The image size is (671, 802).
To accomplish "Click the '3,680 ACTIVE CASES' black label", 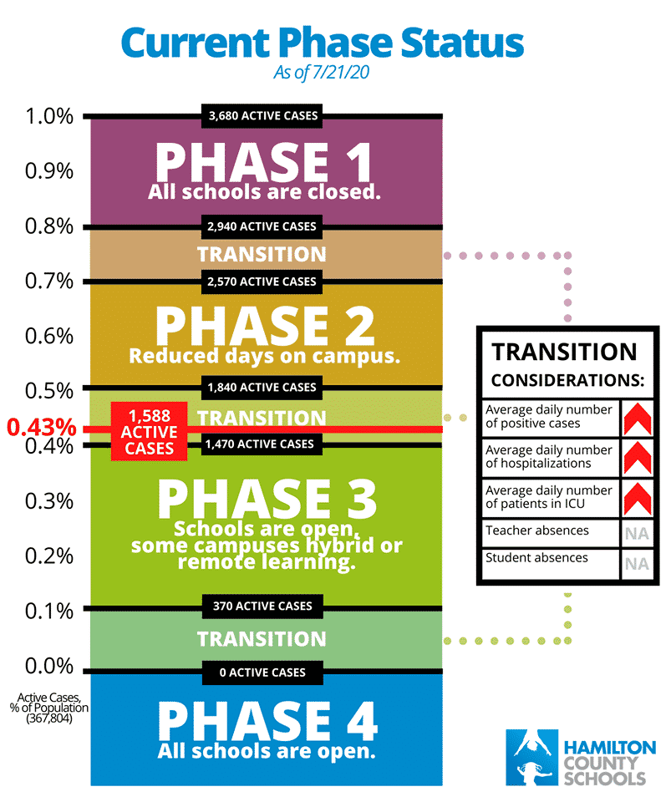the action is [x=262, y=115].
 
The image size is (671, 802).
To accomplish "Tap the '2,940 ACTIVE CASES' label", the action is [x=262, y=226].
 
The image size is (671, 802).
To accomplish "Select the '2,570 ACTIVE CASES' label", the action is [x=262, y=282].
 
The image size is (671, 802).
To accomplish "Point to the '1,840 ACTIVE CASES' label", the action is [x=262, y=388].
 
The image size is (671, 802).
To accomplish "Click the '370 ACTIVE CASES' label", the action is [x=262, y=607].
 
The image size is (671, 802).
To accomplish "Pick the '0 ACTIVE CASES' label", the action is [x=262, y=673].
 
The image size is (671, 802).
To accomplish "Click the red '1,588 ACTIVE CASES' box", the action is [x=150, y=432].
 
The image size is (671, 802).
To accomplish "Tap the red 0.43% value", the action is [x=42, y=427].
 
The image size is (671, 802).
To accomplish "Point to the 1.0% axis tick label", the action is [x=49, y=116].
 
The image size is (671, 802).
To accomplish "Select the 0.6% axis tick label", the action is [x=49, y=336].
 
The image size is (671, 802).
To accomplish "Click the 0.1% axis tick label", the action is [x=49, y=611].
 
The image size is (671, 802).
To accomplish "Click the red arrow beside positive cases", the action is [x=638, y=419].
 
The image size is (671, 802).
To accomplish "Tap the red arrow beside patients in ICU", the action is [x=638, y=499].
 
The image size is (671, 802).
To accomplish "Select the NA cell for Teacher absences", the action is [x=638, y=534].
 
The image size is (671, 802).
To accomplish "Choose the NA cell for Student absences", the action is [x=638, y=564].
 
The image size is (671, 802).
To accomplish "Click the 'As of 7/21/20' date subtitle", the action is [x=321, y=73].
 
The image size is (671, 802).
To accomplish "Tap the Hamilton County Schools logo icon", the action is [x=532, y=758].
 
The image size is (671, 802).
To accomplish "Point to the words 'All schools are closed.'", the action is [x=264, y=192].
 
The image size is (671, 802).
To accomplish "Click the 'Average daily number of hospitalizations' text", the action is [x=549, y=457].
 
